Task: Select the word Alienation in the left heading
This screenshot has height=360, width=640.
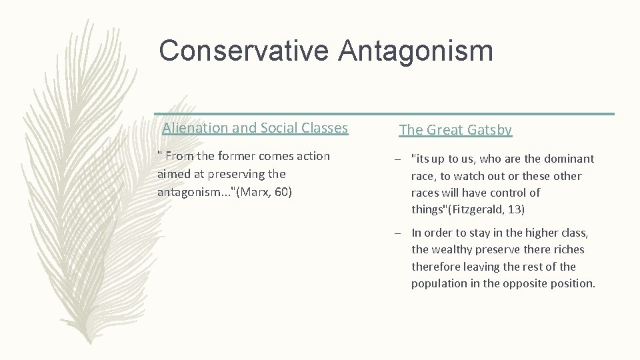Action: [x=192, y=128]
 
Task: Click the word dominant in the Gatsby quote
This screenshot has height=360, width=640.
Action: [x=568, y=159]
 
